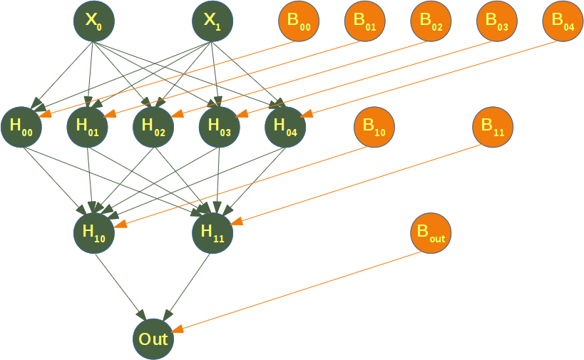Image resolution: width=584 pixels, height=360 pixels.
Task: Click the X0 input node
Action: (93, 21)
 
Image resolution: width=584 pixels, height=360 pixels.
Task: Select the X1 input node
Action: (212, 21)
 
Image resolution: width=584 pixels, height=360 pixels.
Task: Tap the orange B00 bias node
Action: (299, 21)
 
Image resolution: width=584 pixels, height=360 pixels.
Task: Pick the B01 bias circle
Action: (365, 21)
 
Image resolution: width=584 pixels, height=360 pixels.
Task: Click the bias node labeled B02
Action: (431, 21)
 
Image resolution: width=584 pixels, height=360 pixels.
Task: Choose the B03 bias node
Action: (497, 21)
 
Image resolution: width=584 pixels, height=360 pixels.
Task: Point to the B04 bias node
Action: (563, 21)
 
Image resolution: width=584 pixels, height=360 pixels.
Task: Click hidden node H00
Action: (21, 127)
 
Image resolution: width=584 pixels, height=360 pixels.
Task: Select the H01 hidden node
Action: (87, 127)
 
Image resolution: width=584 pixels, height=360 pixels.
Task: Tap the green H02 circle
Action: (153, 127)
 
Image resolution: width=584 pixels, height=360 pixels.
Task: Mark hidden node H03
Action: (220, 127)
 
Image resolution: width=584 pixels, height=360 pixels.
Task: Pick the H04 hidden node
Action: (285, 127)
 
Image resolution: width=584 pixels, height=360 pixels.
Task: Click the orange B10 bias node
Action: (374, 127)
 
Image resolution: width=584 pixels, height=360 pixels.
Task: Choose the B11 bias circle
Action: (493, 127)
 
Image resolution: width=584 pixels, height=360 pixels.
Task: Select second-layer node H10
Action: (93, 232)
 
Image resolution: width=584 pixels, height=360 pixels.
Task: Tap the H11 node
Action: (212, 232)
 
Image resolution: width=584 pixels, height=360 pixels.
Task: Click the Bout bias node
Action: (431, 232)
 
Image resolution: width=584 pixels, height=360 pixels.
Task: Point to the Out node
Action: (153, 338)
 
